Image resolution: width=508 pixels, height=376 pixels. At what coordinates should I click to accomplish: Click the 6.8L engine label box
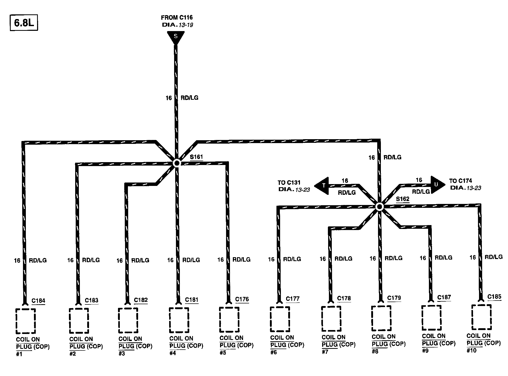[24, 23]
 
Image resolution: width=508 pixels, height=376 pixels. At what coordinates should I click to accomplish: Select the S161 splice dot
[177, 163]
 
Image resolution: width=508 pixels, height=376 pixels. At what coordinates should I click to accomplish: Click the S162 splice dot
[379, 207]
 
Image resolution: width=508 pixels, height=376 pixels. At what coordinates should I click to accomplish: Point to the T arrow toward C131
[322, 186]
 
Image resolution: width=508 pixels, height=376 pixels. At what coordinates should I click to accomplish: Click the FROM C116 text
[177, 17]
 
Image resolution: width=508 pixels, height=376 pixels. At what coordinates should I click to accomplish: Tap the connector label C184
[38, 301]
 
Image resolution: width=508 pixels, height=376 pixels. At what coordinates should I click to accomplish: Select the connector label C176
[242, 299]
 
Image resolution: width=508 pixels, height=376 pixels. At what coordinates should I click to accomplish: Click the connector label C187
[444, 297]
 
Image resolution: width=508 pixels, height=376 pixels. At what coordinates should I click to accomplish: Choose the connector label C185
[494, 297]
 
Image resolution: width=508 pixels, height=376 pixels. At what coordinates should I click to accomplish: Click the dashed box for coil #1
[26, 321]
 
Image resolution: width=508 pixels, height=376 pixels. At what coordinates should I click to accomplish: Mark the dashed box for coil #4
[179, 320]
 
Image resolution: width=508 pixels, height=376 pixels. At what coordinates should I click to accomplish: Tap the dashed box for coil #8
[381, 318]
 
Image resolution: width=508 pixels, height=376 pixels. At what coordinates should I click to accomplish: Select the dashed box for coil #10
[481, 317]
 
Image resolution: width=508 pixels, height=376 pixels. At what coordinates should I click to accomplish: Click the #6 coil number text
[274, 352]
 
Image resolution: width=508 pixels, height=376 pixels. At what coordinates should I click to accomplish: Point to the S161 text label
[196, 157]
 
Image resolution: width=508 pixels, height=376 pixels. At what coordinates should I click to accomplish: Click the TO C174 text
[461, 181]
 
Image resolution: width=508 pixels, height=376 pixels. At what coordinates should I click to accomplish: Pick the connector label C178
[344, 298]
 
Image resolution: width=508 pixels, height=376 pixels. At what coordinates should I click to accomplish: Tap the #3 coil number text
[122, 354]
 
